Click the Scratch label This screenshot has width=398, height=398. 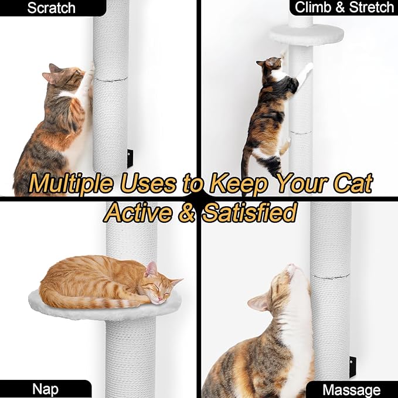pos(51,8)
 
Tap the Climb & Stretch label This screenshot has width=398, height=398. pos(344,8)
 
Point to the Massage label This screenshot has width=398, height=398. pos(351,390)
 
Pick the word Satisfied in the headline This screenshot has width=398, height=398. pos(249,212)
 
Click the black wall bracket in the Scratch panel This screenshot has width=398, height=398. pos(130,159)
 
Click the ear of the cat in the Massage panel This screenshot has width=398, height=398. pos(258,302)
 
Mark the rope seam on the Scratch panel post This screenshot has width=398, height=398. pos(111,79)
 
